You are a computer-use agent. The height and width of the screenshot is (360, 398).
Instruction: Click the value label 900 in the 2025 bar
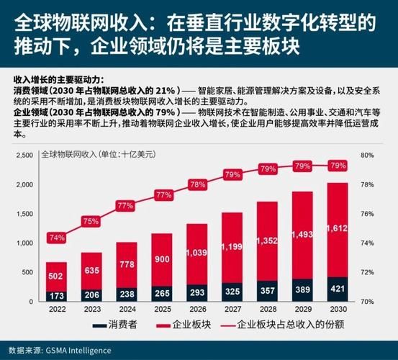point(163,259)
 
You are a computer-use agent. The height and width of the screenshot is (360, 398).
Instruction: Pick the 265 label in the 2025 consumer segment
point(163,293)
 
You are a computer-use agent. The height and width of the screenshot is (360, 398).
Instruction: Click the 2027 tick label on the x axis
point(232,309)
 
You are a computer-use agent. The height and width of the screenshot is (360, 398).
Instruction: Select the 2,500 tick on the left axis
point(24,155)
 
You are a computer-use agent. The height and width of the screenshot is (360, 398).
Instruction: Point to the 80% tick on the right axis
point(368,155)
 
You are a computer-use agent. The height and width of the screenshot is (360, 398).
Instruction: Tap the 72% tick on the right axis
point(368,272)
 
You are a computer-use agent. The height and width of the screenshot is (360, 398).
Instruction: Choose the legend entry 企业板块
point(184,325)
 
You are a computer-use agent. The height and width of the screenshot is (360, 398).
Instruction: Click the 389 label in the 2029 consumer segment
point(303,289)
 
